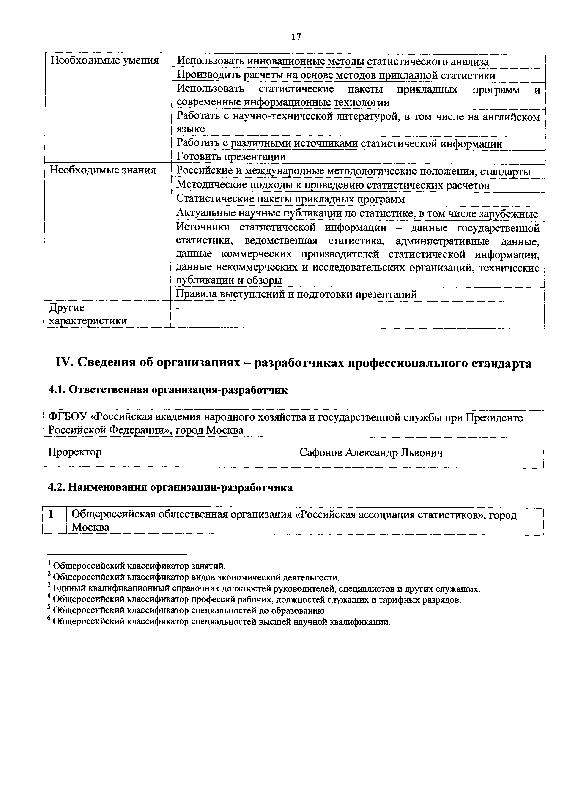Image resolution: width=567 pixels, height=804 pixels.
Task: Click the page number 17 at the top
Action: pyautogui.click(x=296, y=37)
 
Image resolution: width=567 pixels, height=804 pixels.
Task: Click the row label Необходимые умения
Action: pyautogui.click(x=104, y=60)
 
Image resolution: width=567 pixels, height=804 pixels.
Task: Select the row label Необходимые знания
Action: pyautogui.click(x=103, y=170)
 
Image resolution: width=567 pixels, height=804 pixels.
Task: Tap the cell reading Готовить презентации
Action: pyautogui.click(x=231, y=156)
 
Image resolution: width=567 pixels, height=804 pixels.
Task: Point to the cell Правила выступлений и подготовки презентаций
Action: pyautogui.click(x=296, y=294)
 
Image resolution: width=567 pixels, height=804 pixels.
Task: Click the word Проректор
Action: pyautogui.click(x=75, y=452)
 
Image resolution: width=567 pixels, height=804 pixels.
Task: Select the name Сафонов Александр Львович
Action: pyautogui.click(x=371, y=453)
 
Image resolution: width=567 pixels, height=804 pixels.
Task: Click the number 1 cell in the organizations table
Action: pyautogui.click(x=52, y=514)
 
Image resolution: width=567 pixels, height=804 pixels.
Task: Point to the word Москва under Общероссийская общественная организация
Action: pyautogui.click(x=90, y=527)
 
